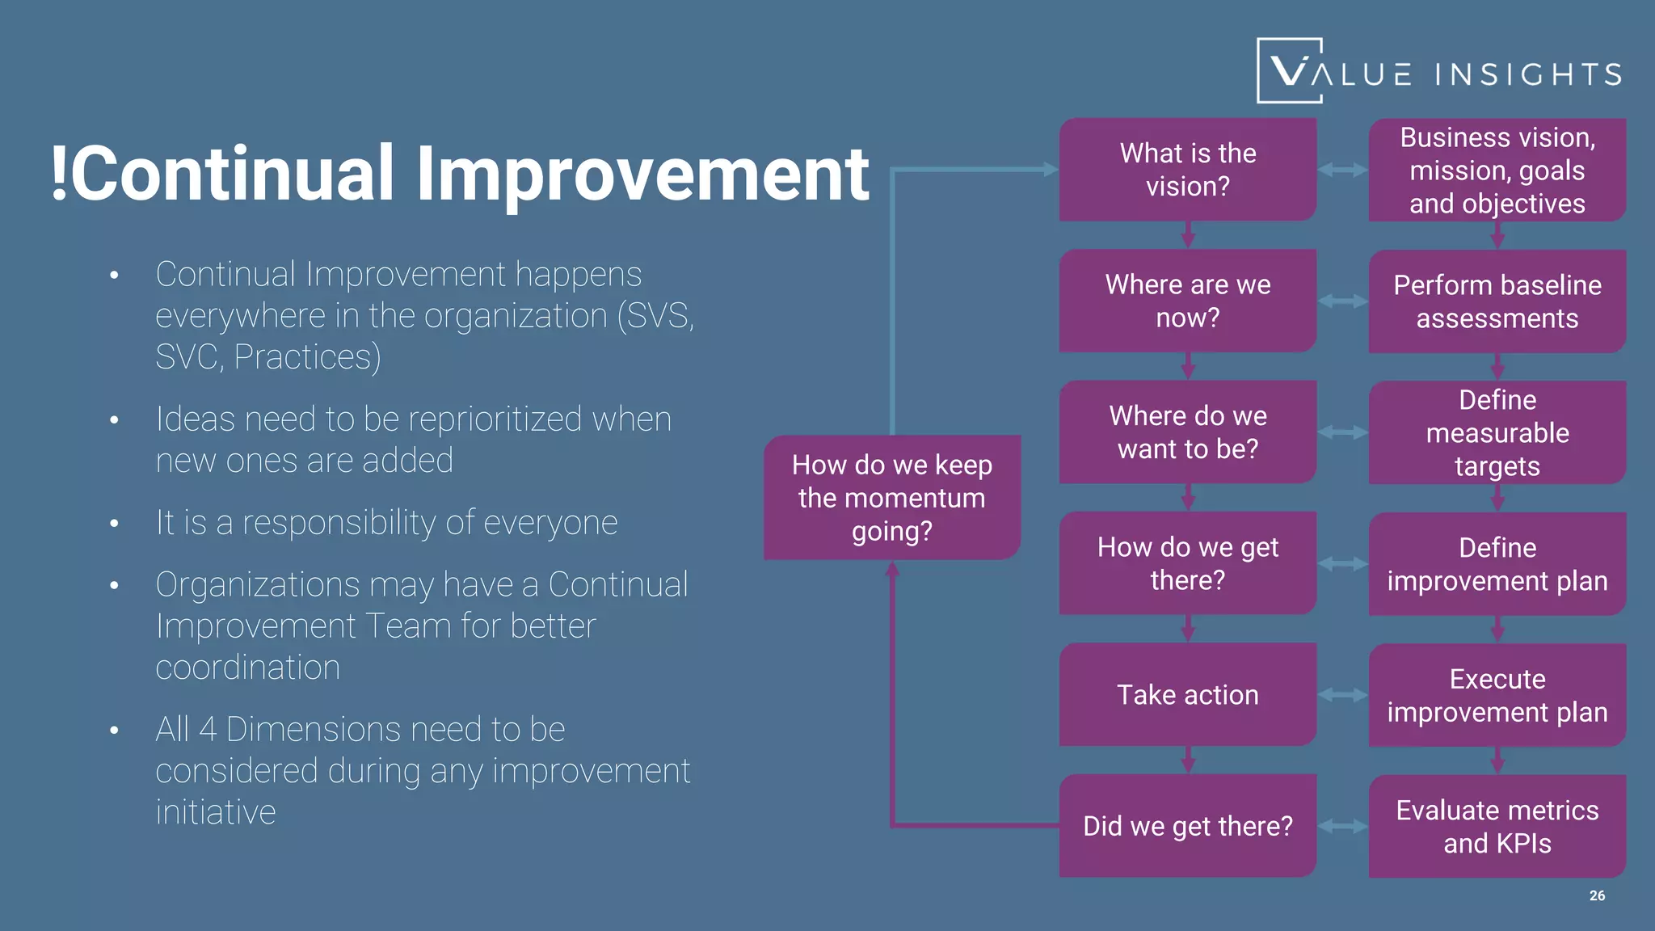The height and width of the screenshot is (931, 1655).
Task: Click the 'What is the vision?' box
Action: click(x=1187, y=170)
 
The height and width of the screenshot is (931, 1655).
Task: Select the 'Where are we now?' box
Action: click(x=1187, y=301)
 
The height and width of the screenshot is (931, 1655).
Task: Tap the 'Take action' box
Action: click(x=1187, y=694)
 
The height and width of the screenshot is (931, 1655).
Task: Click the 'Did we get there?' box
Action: click(x=1187, y=825)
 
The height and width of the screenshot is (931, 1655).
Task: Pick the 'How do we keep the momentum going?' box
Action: click(x=892, y=498)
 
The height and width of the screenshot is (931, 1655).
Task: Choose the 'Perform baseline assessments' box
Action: click(x=1497, y=301)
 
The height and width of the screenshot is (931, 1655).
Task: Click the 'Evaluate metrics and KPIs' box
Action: click(x=1497, y=826)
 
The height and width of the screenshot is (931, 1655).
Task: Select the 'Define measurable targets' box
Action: click(x=1497, y=432)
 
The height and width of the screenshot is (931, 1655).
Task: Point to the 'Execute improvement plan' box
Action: click(x=1497, y=695)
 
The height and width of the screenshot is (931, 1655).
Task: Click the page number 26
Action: click(x=1597, y=895)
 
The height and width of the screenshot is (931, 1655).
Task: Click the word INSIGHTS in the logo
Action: click(x=1528, y=74)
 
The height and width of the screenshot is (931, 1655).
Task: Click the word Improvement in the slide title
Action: click(x=642, y=174)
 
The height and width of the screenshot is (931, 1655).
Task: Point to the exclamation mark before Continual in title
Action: click(x=58, y=172)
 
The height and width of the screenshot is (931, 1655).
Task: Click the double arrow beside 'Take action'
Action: click(x=1342, y=695)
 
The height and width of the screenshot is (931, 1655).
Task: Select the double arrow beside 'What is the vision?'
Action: click(x=1342, y=170)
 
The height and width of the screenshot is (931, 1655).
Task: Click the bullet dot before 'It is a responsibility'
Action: click(x=115, y=524)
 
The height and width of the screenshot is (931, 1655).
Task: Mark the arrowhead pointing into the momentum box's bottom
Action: click(x=892, y=569)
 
